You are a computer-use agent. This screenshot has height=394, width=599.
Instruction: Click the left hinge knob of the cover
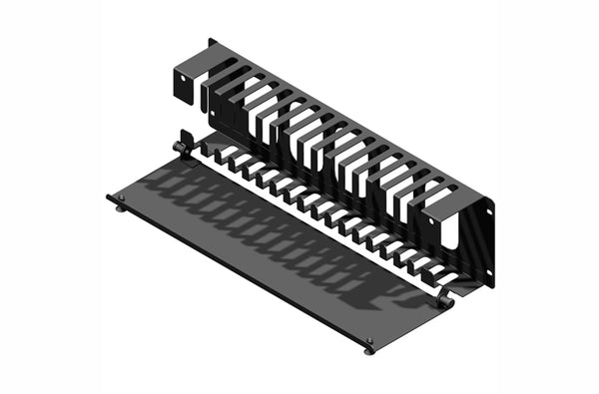179,147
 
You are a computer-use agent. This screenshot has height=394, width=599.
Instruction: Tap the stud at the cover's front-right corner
369,347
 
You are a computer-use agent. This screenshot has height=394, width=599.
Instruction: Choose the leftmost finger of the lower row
212,151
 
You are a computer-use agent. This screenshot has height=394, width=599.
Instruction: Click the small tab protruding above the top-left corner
212,42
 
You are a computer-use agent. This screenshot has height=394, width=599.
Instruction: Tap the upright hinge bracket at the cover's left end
186,140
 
